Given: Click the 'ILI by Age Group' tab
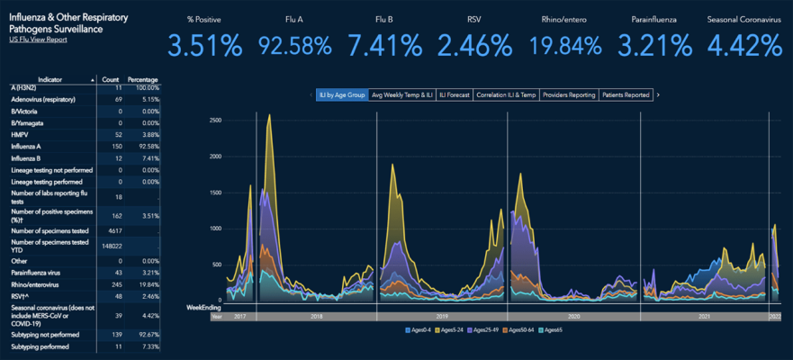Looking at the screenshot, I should click(x=342, y=94).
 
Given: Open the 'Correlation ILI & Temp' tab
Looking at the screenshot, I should click(x=507, y=94).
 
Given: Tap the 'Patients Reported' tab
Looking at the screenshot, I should click(x=625, y=94).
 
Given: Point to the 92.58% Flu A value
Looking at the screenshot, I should click(x=294, y=44).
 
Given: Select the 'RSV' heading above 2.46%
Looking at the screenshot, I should click(x=473, y=18).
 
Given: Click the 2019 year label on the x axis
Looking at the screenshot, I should click(x=441, y=317).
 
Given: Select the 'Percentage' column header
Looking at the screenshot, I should click(x=144, y=80).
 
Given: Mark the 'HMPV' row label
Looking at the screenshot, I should click(x=20, y=134).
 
